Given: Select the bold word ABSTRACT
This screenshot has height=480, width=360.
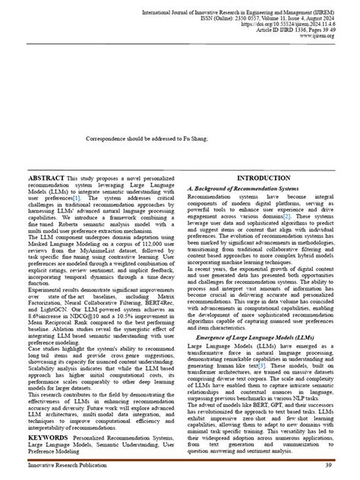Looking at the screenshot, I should point(46,177).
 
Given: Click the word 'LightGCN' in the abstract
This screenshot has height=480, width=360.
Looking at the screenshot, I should point(55,331).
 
